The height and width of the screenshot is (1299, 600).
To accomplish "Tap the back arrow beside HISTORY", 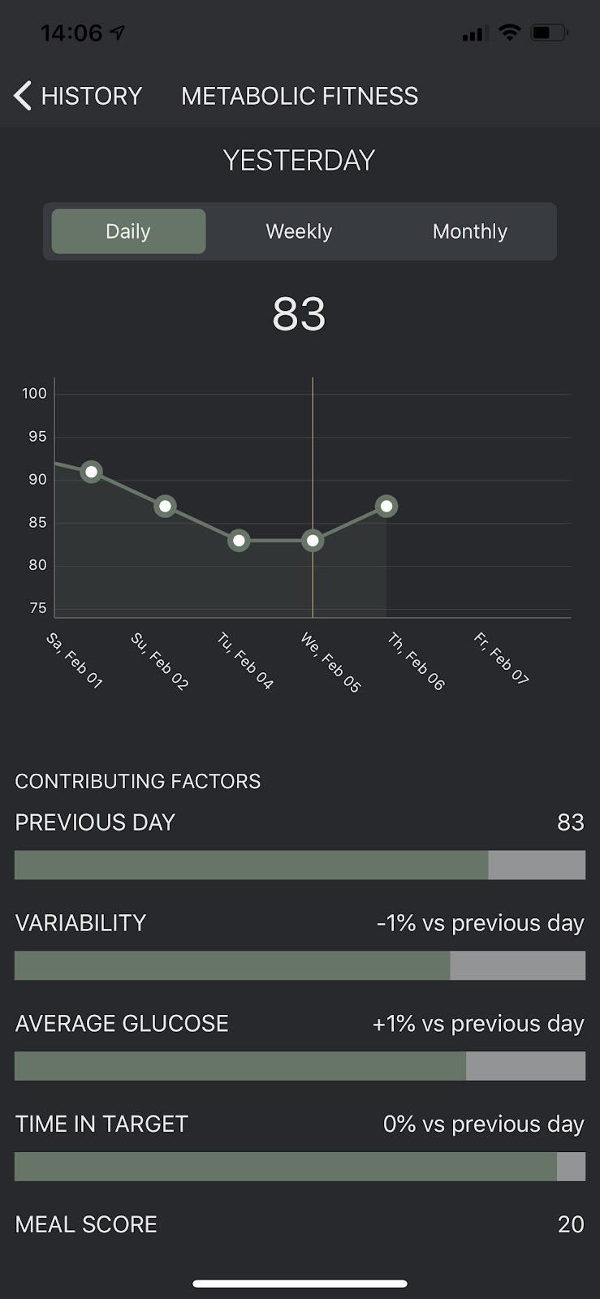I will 23,96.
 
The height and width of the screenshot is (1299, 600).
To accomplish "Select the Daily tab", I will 128,231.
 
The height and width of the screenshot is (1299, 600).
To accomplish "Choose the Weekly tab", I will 299,231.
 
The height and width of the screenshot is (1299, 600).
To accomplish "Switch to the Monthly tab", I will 469,231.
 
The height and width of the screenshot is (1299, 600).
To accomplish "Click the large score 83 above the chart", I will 299,314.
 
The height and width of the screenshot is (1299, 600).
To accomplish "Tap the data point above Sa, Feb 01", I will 92,472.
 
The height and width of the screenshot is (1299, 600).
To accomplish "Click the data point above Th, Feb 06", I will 386,506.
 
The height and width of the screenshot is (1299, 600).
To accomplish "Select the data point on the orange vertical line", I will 313,541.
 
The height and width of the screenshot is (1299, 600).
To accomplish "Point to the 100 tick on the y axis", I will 34,394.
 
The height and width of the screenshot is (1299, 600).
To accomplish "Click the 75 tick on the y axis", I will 37,608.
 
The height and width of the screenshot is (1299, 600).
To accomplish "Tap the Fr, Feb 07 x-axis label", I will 501,658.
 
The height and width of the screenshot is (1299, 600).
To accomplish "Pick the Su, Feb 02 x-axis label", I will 160,661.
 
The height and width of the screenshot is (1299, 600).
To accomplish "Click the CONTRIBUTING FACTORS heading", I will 138,781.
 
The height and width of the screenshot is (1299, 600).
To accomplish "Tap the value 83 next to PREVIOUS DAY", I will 570,822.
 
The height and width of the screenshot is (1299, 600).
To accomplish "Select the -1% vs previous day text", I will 480,923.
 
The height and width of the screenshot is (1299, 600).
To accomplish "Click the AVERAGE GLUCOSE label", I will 122,1024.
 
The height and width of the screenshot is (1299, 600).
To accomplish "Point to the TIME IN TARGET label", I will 101,1124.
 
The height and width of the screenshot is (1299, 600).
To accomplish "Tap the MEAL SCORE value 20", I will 570,1224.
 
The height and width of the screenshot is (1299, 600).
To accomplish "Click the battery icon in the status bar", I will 549,33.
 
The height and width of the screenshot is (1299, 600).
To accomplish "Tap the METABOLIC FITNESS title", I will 300,96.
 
